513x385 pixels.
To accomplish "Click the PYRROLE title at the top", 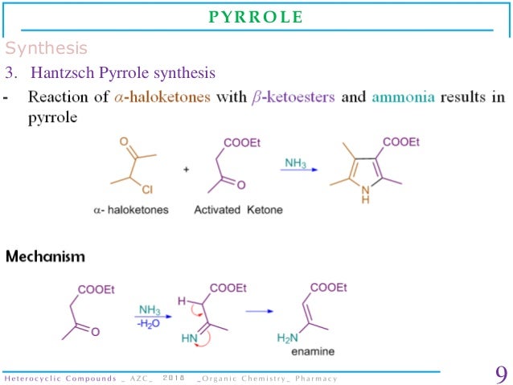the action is [x=256, y=18].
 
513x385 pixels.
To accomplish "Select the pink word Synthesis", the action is [x=47, y=48].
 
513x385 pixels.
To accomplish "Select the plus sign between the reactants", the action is [x=186, y=170].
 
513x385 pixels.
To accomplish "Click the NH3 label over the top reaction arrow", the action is [x=295, y=163].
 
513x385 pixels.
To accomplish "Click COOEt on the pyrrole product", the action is [x=401, y=142].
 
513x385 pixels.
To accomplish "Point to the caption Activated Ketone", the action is [x=238, y=211].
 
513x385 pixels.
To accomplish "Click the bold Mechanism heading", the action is [x=46, y=256].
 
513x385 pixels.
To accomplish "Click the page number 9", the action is [x=499, y=375].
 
